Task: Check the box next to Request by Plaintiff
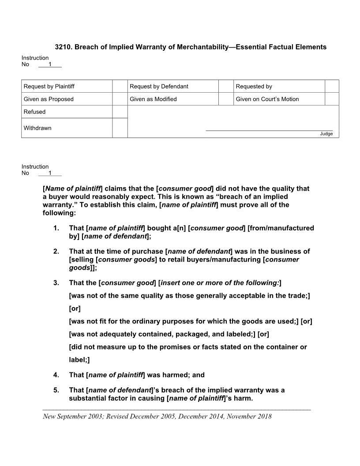click(120, 86)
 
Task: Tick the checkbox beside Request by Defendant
click(226, 86)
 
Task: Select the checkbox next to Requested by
click(332, 86)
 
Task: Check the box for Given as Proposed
click(120, 99)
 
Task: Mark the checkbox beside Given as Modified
click(226, 99)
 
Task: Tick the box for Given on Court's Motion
click(332, 99)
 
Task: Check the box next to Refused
click(120, 112)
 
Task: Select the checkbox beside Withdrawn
click(120, 128)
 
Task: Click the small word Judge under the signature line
click(326, 134)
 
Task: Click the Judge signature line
click(269, 130)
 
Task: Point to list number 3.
click(56, 282)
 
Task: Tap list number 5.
click(56, 390)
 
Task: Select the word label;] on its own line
click(79, 360)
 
